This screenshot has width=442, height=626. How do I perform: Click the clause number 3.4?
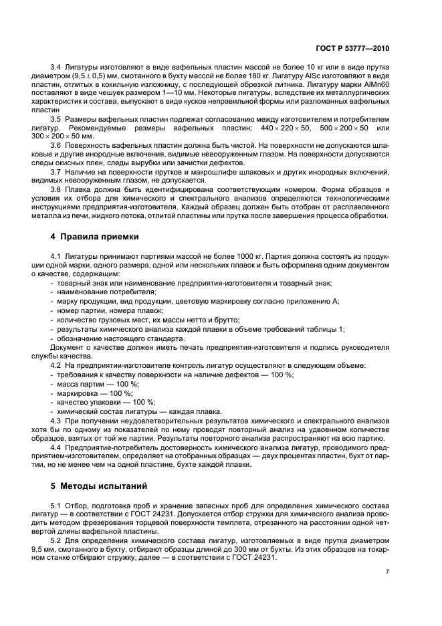tap(56, 68)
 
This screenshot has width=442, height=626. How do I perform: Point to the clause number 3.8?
tap(56, 189)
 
